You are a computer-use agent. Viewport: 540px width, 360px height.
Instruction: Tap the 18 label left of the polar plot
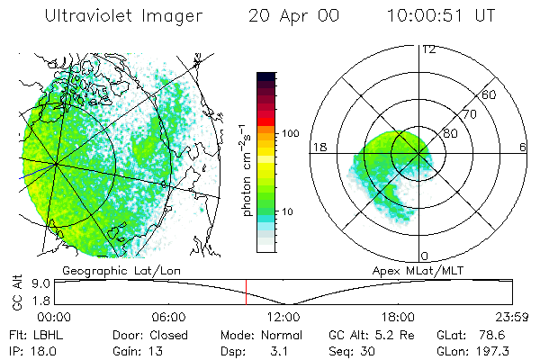tap(318, 147)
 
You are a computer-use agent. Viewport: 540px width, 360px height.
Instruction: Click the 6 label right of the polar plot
tap(523, 147)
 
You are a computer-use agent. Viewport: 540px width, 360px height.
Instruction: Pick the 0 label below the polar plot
tap(425, 256)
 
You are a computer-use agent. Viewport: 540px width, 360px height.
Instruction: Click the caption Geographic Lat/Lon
tap(105, 268)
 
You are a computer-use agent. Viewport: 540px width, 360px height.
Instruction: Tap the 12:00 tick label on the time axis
tap(283, 317)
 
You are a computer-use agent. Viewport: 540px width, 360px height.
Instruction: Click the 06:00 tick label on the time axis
tap(169, 317)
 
